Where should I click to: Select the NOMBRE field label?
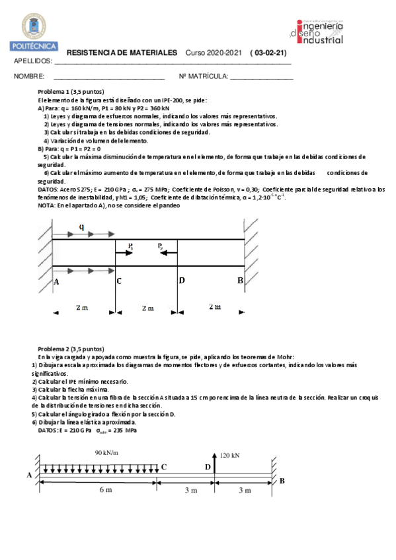(29, 77)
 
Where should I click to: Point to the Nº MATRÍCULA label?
(203, 77)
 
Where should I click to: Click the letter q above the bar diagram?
(81, 227)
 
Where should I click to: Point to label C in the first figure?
(118, 281)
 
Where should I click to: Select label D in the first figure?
(182, 281)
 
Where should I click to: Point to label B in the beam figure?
(282, 481)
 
